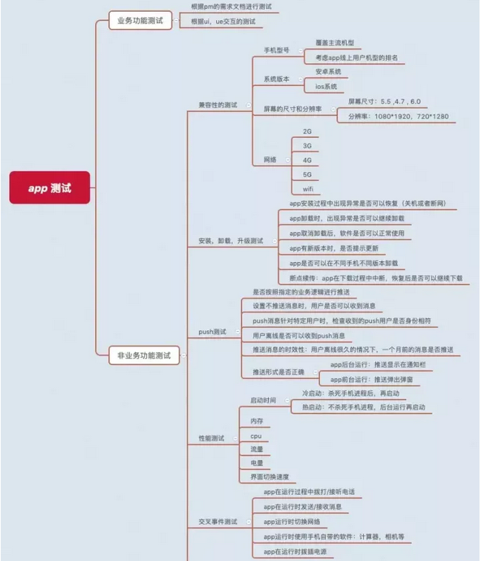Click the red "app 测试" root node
50,188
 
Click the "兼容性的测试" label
218,105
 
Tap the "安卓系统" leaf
328,71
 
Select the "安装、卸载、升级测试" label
231,240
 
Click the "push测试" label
213,332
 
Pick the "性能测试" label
212,439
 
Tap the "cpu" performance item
256,436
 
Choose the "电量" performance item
256,463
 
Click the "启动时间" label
264,400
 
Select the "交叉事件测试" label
218,522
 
